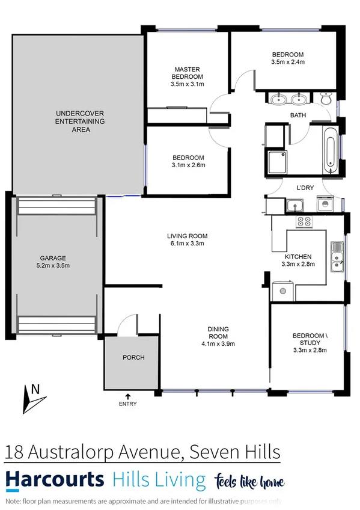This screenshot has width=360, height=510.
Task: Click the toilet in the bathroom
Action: [x=325, y=99]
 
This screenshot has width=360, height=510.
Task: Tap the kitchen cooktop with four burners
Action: [x=304, y=221]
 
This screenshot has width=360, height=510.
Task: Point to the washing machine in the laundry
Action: [x=325, y=204]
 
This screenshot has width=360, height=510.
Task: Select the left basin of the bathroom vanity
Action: [x=279, y=99]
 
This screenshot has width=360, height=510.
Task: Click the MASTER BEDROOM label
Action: [x=187, y=73]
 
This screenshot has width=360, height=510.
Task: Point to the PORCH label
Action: [x=133, y=357]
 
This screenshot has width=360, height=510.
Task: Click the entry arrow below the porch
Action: [x=127, y=395]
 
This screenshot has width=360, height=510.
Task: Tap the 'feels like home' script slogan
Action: [x=248, y=481]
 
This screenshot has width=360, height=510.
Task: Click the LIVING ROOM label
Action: [x=187, y=236]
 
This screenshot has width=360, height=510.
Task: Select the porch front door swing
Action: [x=126, y=326]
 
